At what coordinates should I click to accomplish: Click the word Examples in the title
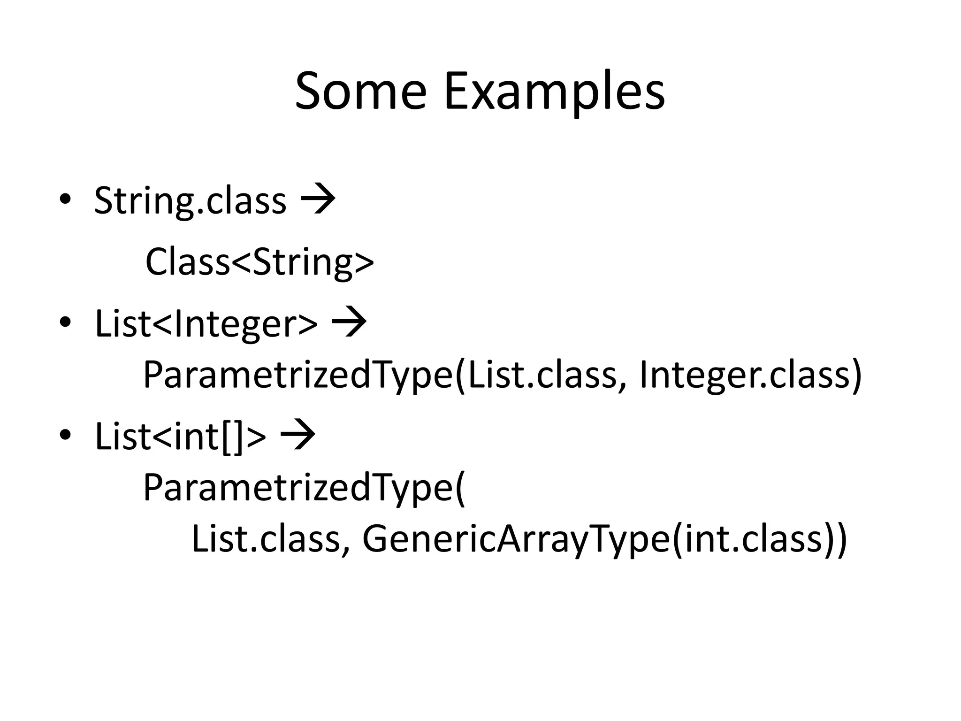click(554, 93)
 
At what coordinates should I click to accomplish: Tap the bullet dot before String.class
click(65, 200)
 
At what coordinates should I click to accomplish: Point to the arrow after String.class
click(318, 200)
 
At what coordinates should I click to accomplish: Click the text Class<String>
click(259, 262)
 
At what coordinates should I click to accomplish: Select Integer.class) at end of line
click(750, 376)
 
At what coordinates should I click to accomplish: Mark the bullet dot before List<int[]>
click(65, 435)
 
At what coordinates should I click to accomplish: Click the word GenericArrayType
click(516, 540)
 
